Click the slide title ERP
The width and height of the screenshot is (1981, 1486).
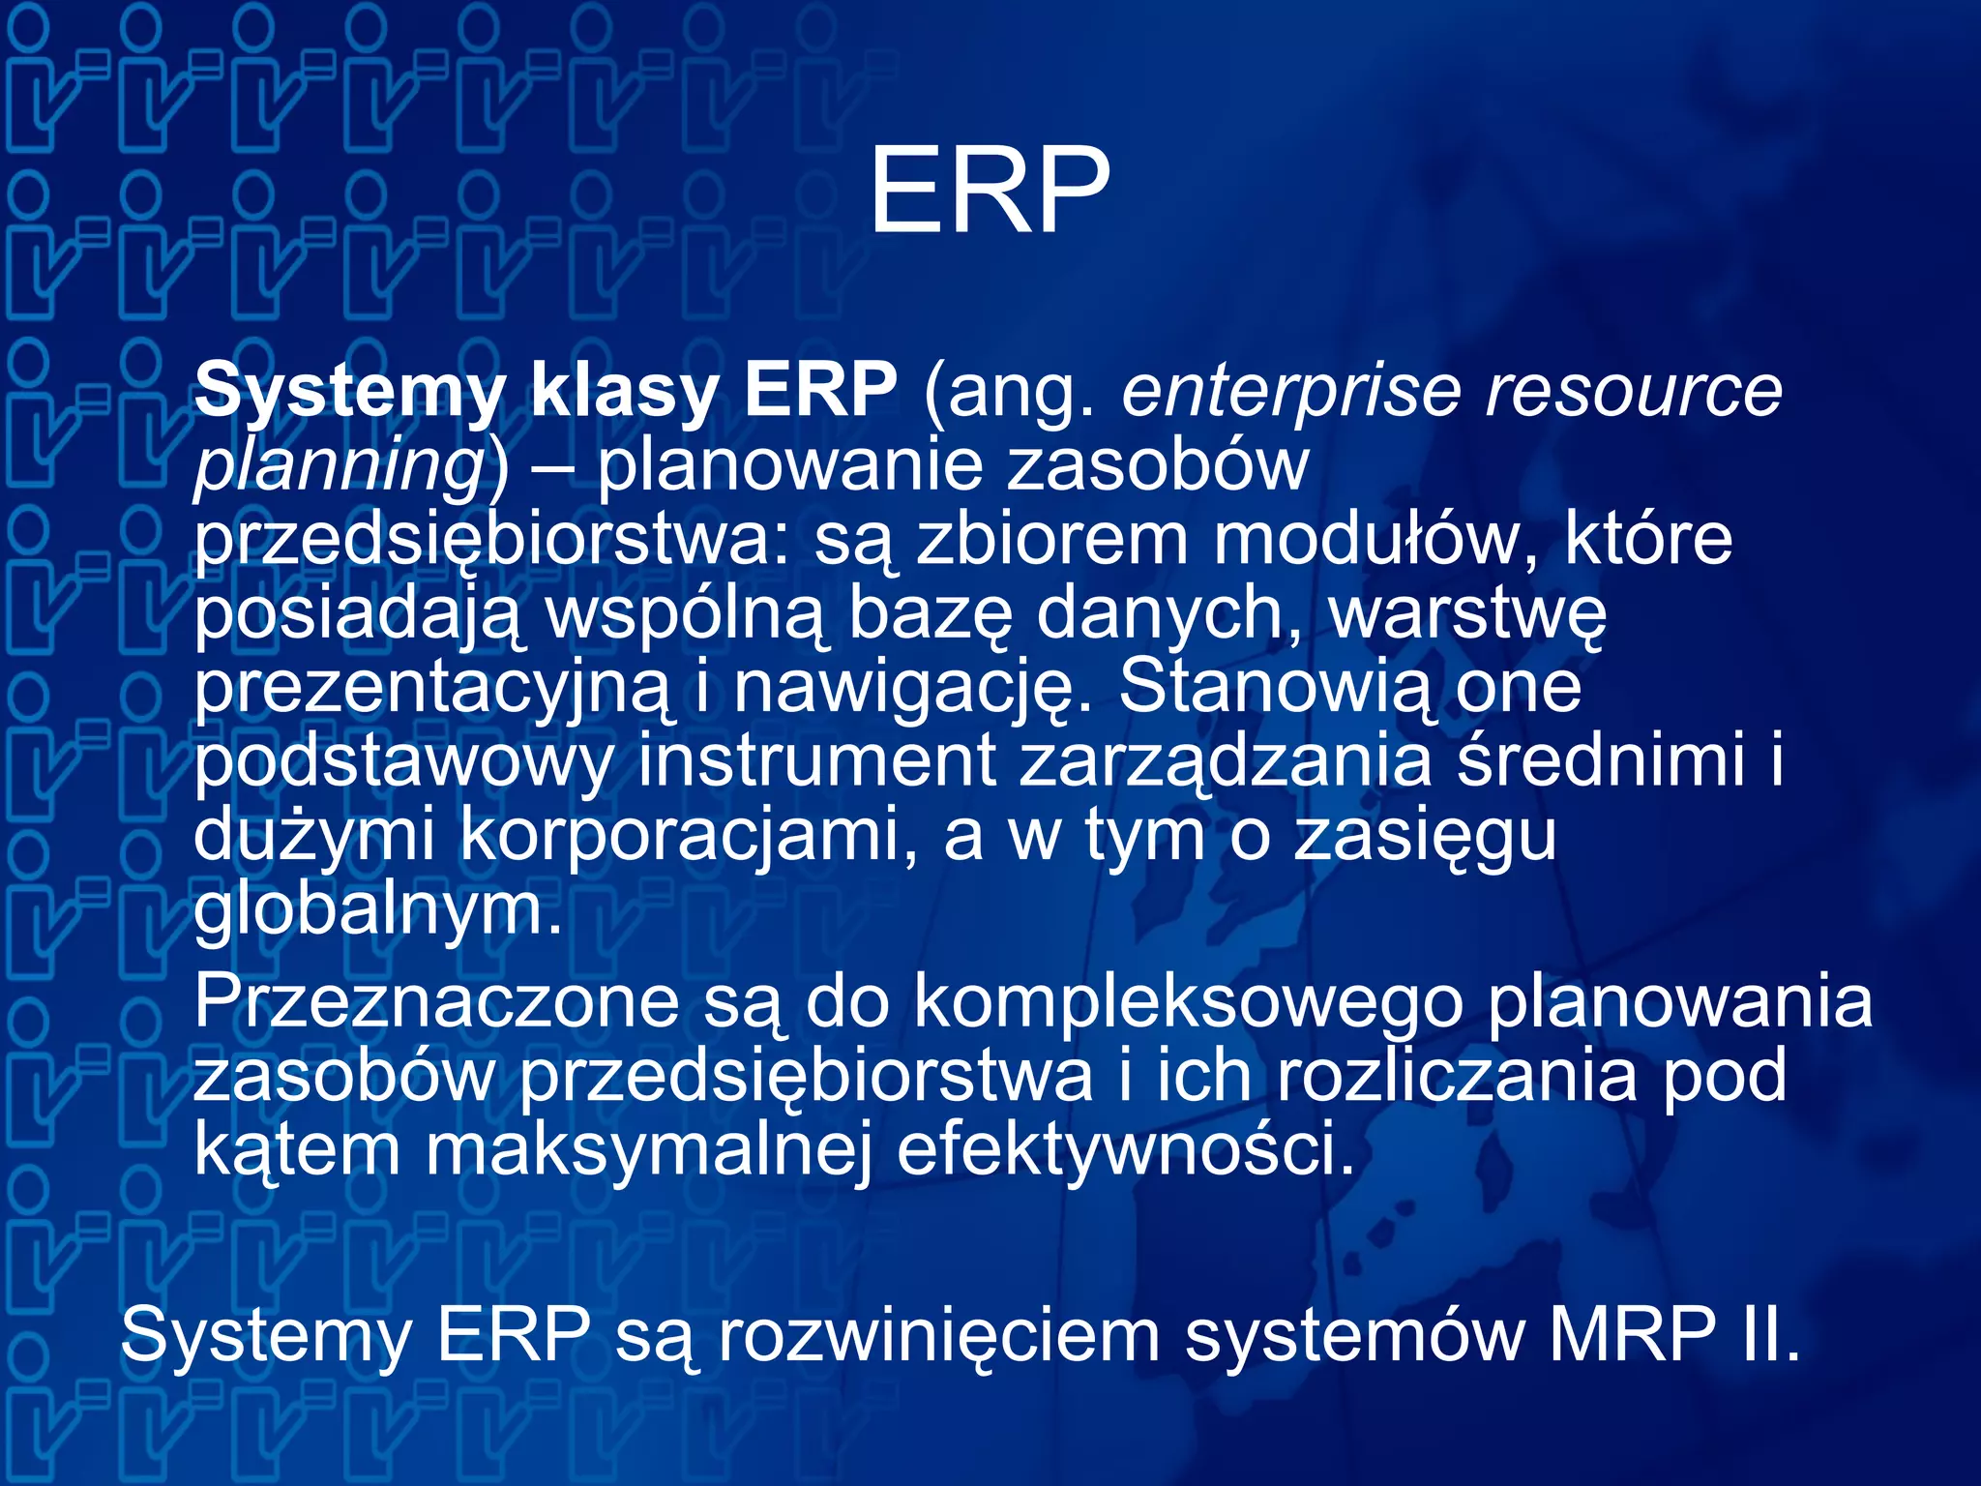pos(989,191)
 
